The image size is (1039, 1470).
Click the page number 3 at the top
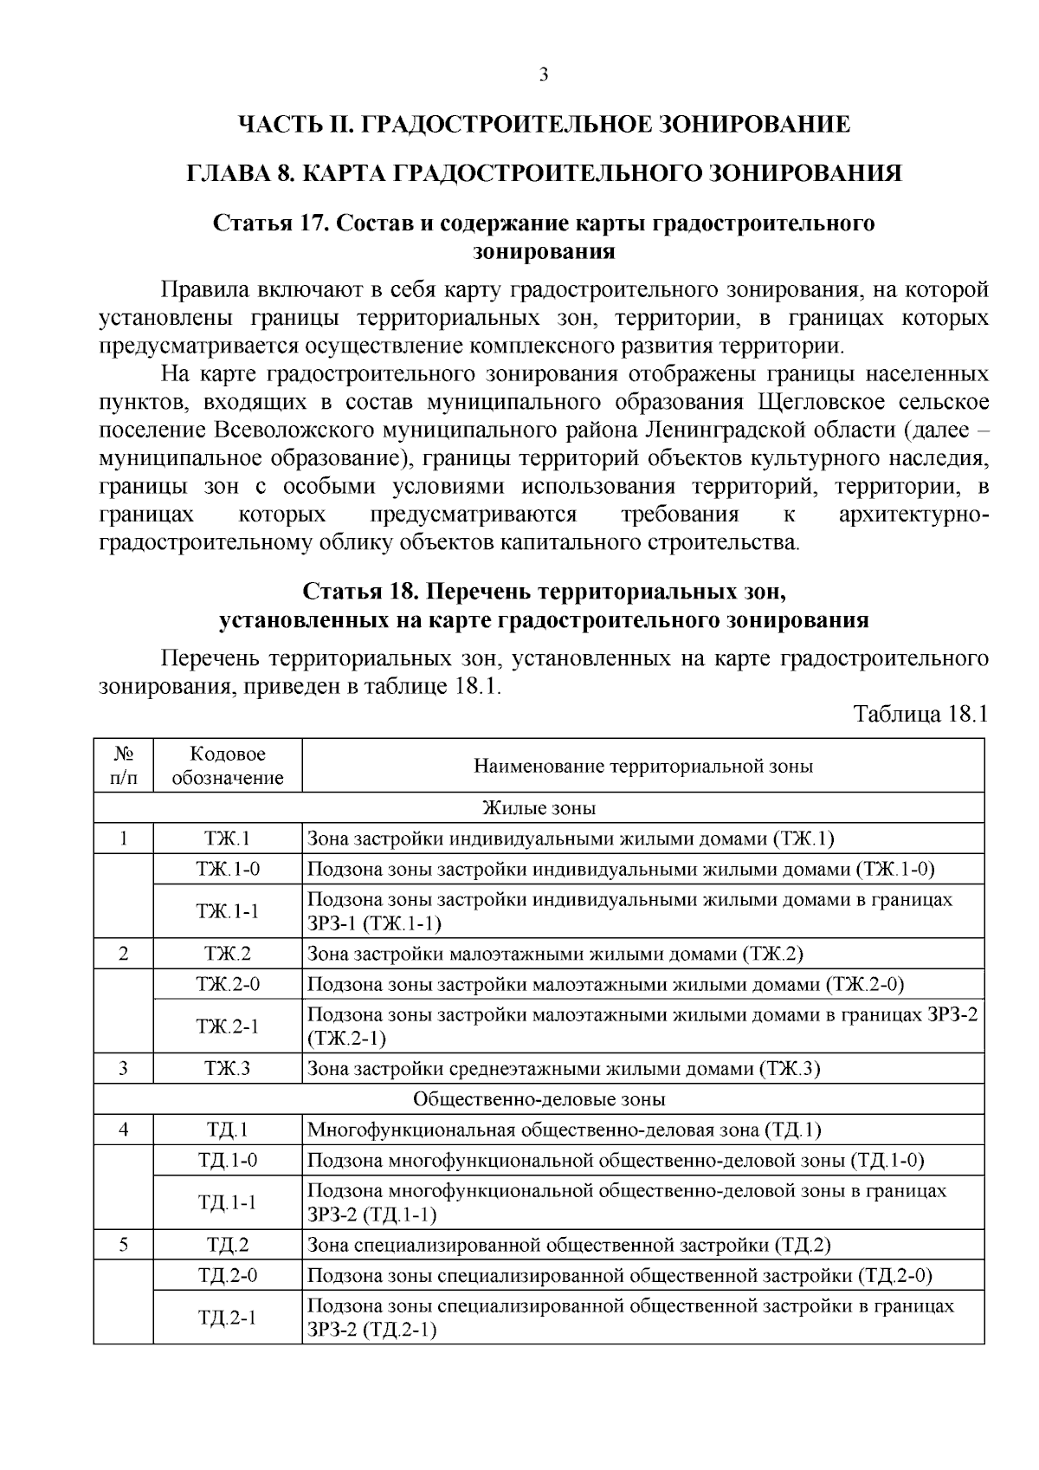point(543,75)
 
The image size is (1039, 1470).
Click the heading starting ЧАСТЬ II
point(545,125)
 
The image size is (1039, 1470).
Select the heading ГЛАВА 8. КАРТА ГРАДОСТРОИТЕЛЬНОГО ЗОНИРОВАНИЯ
point(545,173)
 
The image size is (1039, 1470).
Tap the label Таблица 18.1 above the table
point(920,715)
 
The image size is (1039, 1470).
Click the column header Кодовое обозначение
point(228,766)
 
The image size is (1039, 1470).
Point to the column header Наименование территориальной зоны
point(642,766)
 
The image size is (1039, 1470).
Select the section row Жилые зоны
point(539,808)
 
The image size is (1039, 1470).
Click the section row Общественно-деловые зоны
point(539,1099)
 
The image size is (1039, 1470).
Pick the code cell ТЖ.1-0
point(228,869)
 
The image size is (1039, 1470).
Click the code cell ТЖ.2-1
point(228,1026)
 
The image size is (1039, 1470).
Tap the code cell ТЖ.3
point(228,1068)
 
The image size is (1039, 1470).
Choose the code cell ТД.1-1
point(228,1202)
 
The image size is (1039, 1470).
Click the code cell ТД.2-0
point(228,1275)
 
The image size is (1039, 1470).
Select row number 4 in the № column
point(124,1130)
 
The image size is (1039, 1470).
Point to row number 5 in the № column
point(124,1245)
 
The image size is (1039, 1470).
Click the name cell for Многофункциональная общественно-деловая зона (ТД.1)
point(565,1130)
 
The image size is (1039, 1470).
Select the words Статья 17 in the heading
point(268,223)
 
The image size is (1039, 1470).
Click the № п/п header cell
point(124,766)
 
